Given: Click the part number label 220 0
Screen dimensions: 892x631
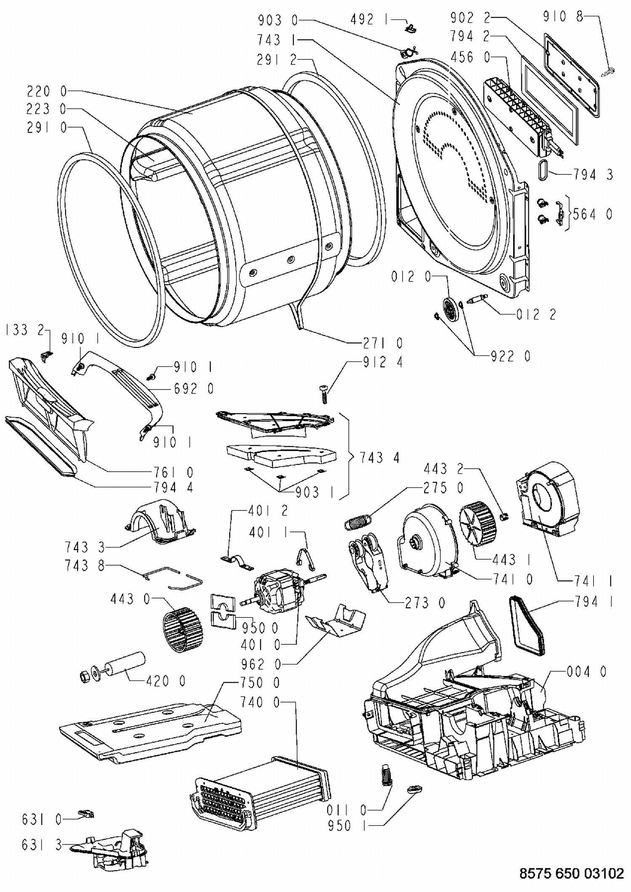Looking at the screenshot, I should [x=47, y=91].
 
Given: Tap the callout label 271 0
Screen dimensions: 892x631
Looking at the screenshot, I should [x=383, y=343].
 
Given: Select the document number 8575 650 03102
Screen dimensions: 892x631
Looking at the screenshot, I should [x=572, y=873].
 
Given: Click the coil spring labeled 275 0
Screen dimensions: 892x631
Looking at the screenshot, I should [x=357, y=521].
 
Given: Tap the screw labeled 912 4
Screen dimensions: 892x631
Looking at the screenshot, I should [x=324, y=394].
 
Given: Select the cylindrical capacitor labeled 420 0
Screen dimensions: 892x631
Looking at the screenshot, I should [x=125, y=665].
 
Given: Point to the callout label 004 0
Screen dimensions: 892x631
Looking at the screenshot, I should [x=586, y=672].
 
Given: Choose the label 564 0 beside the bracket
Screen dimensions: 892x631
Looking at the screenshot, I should [x=593, y=214].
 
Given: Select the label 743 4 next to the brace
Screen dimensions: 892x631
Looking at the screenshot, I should [x=379, y=457].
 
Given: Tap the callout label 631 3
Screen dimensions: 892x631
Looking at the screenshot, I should [x=42, y=845].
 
